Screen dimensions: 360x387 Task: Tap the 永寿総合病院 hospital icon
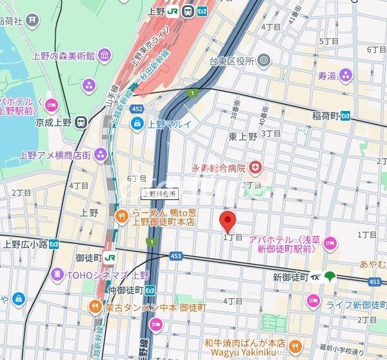(257, 168)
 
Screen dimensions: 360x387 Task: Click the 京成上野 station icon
(81, 121)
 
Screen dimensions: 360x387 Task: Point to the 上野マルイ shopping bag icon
(137, 124)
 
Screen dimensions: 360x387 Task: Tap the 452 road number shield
(136, 109)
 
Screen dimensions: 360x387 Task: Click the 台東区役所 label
(230, 61)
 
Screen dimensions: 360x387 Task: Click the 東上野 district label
(243, 136)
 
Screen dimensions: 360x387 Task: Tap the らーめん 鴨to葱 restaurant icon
(121, 216)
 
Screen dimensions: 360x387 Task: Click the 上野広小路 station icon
(54, 244)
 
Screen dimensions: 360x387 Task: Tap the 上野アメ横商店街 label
(54, 154)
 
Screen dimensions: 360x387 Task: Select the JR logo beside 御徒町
(110, 257)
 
